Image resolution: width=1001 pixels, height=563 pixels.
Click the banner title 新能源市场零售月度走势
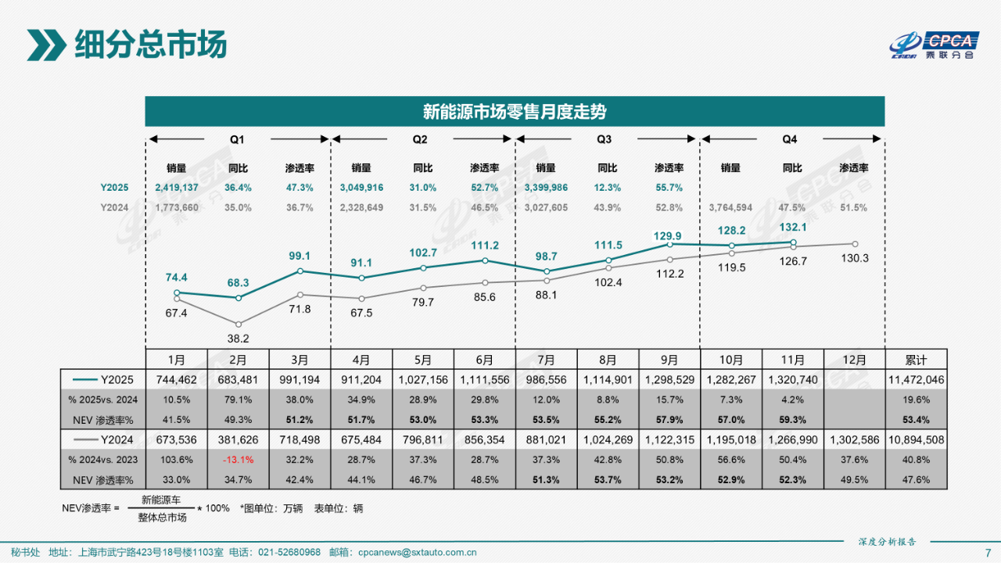tap(515, 112)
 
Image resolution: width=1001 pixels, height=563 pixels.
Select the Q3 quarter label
tap(604, 139)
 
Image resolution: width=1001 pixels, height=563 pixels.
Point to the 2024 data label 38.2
tap(238, 339)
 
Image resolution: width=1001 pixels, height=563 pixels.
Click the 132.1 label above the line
tap(793, 227)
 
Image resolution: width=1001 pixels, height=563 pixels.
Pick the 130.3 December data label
tap(854, 258)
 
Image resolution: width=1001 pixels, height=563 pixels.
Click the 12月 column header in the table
tap(854, 360)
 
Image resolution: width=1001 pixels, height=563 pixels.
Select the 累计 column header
tap(916, 360)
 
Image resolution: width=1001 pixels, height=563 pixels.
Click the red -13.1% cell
tap(238, 459)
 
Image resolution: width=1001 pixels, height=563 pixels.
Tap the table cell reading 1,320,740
tap(792, 380)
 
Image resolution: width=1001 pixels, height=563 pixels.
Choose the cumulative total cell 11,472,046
tap(916, 380)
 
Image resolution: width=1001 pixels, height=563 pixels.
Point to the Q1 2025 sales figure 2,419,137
tap(176, 188)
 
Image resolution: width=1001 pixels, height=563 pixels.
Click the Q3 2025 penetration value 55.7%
tap(669, 188)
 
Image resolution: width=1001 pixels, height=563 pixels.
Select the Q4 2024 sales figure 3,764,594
tap(730, 207)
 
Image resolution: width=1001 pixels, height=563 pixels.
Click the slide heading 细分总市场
tap(150, 45)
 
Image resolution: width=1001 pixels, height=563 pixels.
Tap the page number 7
tap(988, 552)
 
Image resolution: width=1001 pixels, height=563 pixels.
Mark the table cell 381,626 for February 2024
tap(238, 439)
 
